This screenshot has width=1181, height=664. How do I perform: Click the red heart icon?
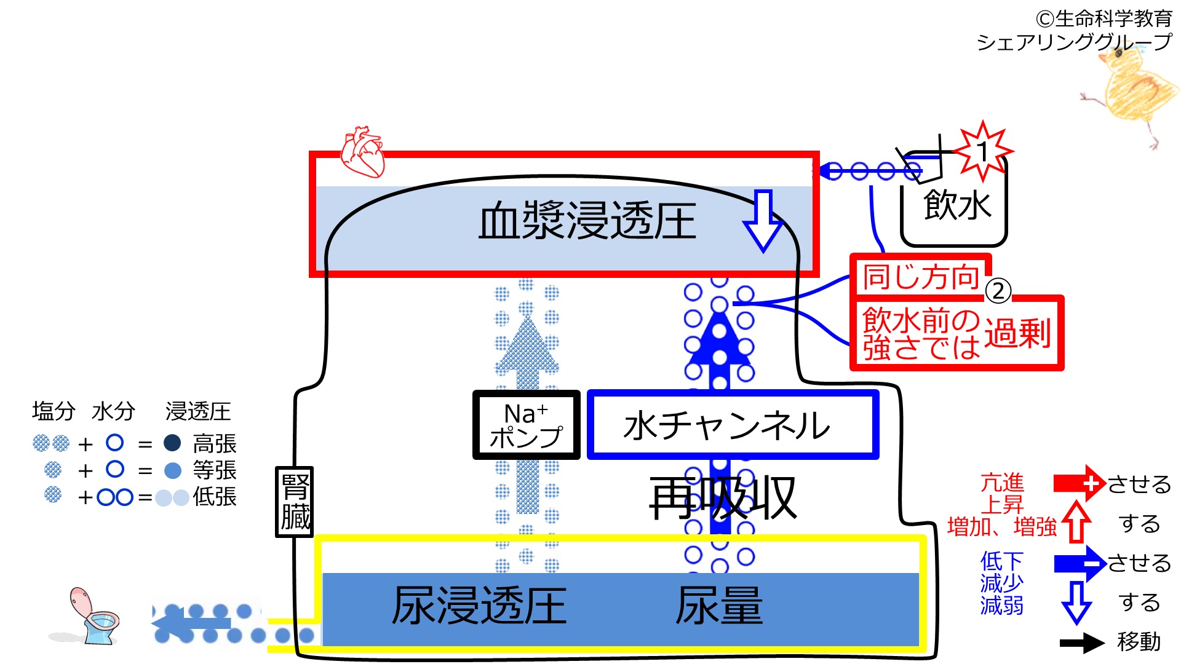(362, 151)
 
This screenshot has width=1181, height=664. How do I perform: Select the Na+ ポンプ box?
(526, 425)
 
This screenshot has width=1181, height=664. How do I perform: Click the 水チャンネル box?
(732, 425)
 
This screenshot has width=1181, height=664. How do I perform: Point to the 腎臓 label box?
(295, 502)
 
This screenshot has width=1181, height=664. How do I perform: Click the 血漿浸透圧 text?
(587, 221)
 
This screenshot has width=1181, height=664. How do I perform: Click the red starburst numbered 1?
(982, 151)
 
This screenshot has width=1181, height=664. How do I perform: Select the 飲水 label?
(956, 205)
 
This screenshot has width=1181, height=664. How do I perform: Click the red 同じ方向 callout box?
(920, 277)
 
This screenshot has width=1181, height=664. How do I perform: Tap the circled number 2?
(998, 291)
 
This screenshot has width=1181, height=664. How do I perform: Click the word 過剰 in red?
(1017, 334)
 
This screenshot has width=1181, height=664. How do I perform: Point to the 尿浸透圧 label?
(479, 606)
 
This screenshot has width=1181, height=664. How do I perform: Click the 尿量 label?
(719, 606)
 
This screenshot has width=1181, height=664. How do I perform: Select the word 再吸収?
(723, 497)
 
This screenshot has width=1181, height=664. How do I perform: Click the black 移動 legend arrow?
(1081, 643)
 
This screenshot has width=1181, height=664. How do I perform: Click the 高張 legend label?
(215, 443)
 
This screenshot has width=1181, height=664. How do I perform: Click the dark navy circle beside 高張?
(172, 443)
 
